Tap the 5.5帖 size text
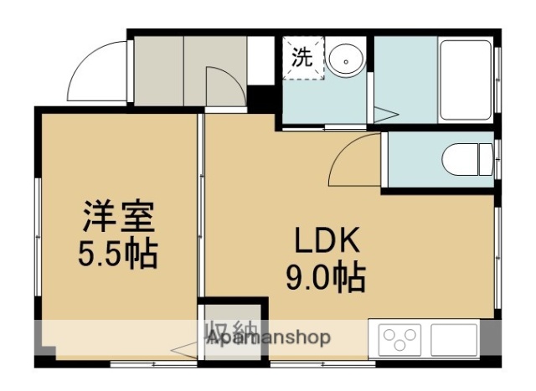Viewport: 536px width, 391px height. click(x=118, y=253)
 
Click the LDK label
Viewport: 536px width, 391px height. click(x=326, y=241)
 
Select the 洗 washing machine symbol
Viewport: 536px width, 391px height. click(x=301, y=58)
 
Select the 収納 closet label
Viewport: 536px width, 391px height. click(x=225, y=330)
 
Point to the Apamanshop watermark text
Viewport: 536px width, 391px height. click(x=268, y=337)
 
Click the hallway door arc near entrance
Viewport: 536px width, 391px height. click(x=224, y=88)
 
